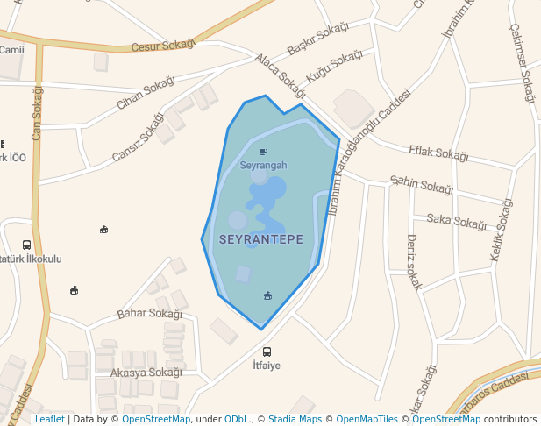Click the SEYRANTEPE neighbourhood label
tap(261, 239)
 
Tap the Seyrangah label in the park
tap(263, 165)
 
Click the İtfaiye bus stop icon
tap(267, 351)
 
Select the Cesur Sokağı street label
tap(161, 46)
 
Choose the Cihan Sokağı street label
tap(146, 92)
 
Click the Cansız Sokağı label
tap(138, 138)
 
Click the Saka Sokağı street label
tap(455, 221)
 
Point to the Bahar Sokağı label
tap(149, 313)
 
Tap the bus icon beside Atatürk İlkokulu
tap(26, 245)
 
